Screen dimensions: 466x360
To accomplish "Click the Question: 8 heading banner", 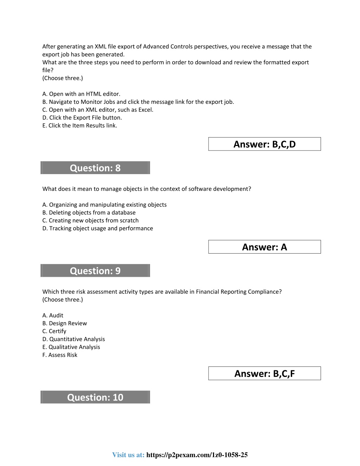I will (x=95, y=168).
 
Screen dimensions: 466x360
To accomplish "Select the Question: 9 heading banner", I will (x=95, y=270).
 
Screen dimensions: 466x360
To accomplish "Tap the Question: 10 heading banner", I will (x=95, y=397).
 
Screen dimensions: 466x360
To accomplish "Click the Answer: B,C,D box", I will (x=264, y=144).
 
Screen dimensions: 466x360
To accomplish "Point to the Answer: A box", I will (x=264, y=247).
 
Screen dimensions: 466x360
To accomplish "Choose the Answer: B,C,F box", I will (x=264, y=374).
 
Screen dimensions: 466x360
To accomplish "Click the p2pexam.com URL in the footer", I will (x=197, y=455).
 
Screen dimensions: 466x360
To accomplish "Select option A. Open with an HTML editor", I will (x=81, y=94).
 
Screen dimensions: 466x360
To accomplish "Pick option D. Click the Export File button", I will (x=82, y=117).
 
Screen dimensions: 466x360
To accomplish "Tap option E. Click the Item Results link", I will (x=80, y=126).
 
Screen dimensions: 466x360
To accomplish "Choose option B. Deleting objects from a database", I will (x=89, y=212).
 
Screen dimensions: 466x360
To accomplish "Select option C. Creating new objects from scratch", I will (x=90, y=221).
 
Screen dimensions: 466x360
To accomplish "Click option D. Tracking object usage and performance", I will (x=98, y=228).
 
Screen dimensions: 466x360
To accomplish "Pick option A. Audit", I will (x=53, y=315).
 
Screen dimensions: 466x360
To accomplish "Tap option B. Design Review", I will (x=65, y=323).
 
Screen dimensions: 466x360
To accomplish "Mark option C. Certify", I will (x=54, y=331).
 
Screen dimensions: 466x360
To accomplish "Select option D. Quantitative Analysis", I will (x=73, y=339).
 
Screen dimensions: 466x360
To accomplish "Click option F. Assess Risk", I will (x=60, y=355).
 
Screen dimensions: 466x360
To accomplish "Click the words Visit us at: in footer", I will (x=128, y=455).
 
